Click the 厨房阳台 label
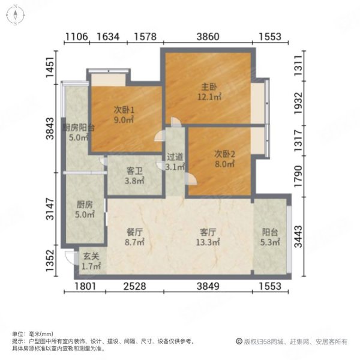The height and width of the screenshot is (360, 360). (79, 128)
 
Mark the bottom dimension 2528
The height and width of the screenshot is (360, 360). (137, 287)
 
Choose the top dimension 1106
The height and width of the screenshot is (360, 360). (76, 37)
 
